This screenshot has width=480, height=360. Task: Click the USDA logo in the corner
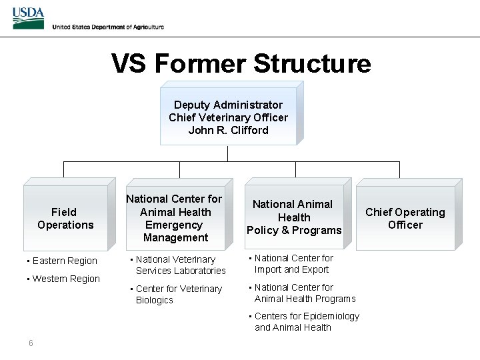tap(28, 19)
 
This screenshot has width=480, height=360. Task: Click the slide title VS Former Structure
tap(241, 64)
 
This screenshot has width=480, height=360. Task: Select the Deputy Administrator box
tap(229, 116)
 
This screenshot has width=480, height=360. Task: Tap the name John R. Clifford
tap(228, 130)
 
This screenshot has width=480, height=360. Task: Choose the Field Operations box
tap(65, 219)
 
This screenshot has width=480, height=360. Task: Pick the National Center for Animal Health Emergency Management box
tap(175, 218)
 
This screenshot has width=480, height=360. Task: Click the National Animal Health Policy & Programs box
tap(294, 217)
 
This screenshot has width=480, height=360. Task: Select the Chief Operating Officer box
tap(405, 218)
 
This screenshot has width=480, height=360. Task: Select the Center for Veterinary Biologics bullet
tap(179, 294)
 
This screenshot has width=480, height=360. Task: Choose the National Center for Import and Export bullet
tap(293, 263)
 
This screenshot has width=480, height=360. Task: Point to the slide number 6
tap(31, 343)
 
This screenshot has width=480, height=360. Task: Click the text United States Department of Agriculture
tap(107, 27)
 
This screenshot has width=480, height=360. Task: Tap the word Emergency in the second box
tap(175, 225)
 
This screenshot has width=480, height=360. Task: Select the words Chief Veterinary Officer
tap(228, 117)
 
